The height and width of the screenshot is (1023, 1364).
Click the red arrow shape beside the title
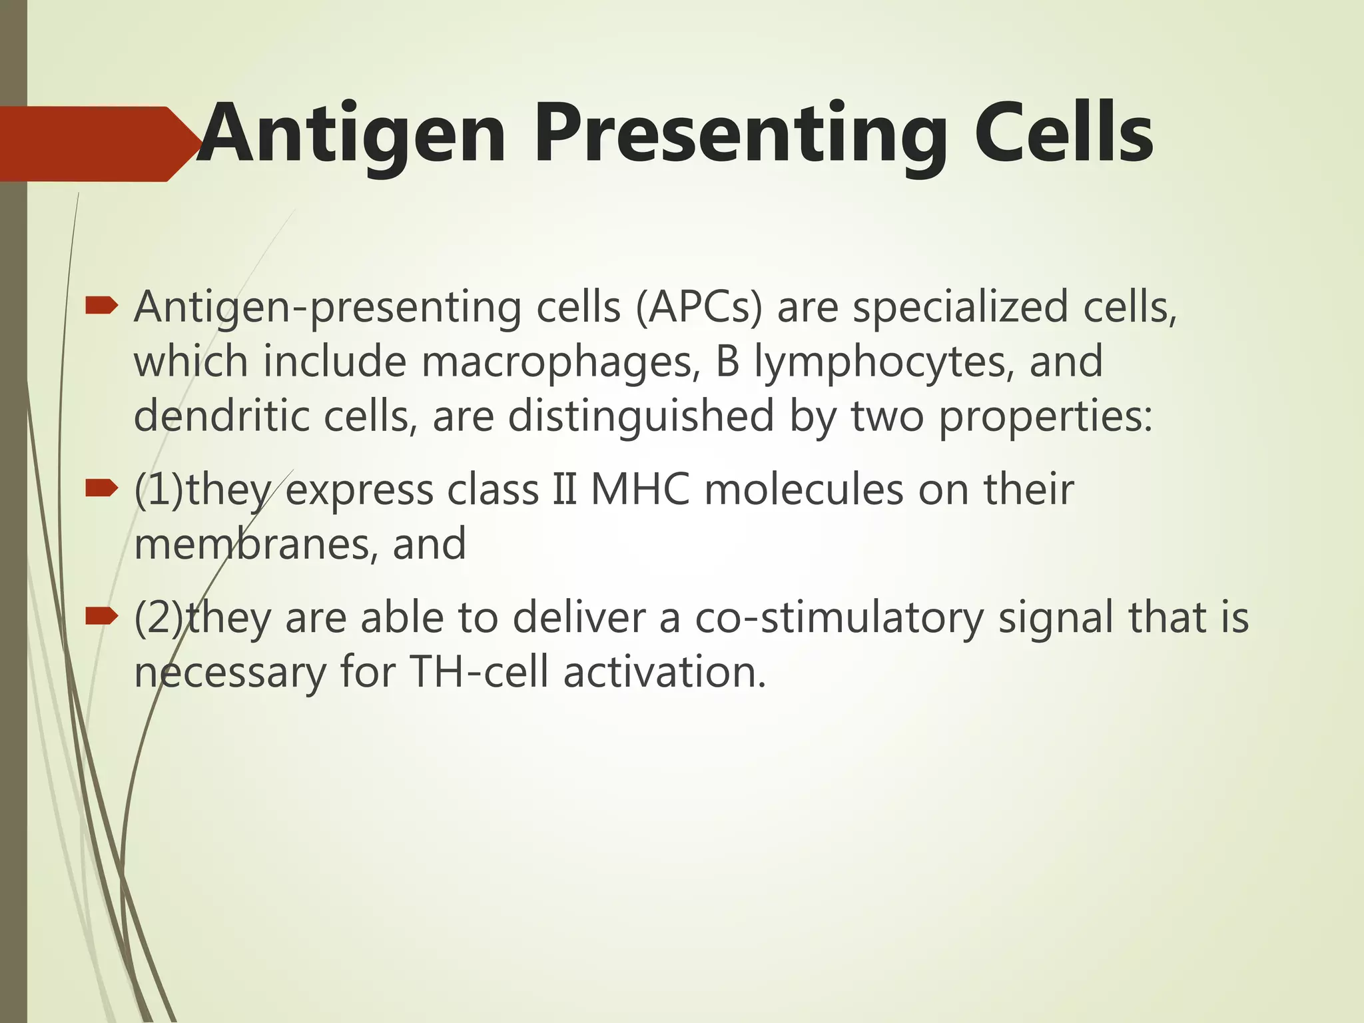click(x=93, y=144)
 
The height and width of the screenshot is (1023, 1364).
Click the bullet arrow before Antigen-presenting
click(x=102, y=307)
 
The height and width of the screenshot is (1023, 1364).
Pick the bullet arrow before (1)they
click(x=102, y=490)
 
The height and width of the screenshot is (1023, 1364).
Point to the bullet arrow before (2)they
click(x=102, y=618)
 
